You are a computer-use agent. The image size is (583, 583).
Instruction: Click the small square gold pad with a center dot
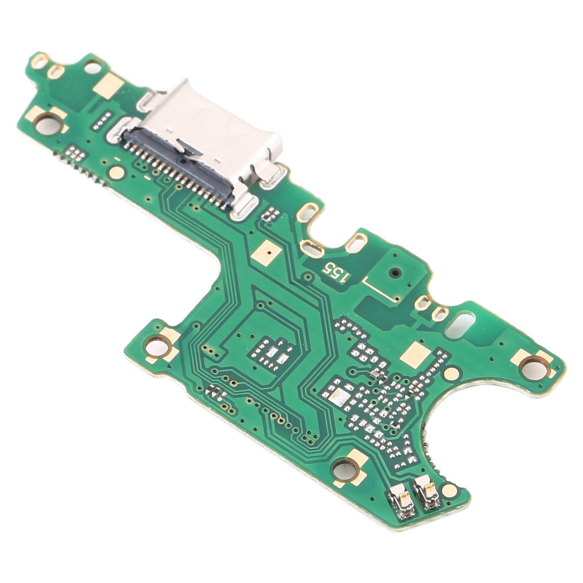point(268,251)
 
